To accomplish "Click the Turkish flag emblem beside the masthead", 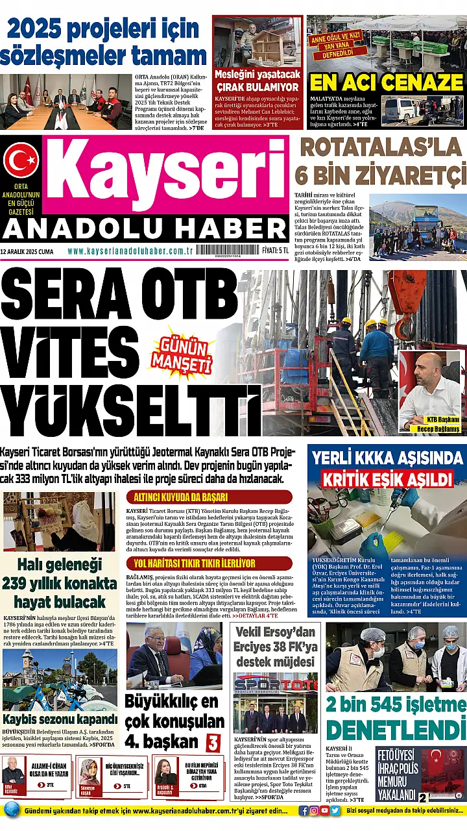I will [x=21, y=160].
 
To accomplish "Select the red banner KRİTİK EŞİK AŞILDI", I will [x=388, y=479].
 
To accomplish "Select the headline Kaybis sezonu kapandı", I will [x=60, y=719].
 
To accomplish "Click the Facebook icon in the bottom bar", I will [x=304, y=810].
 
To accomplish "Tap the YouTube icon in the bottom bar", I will [x=324, y=810].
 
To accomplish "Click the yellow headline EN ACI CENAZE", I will [x=386, y=82].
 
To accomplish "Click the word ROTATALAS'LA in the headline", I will [x=381, y=148].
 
